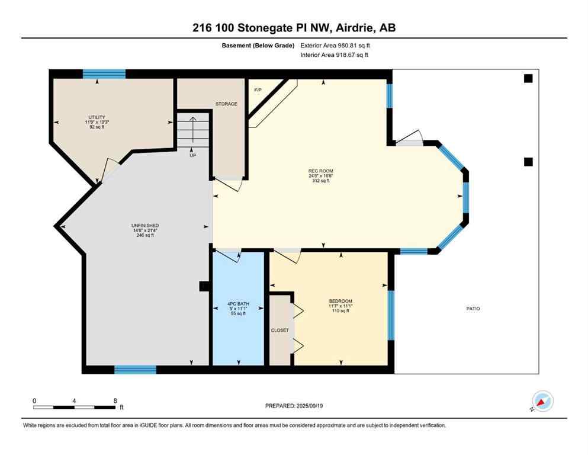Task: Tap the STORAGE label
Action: [226, 104]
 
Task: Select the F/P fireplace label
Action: [258, 90]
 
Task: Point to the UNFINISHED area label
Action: [144, 226]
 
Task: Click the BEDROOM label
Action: [340, 301]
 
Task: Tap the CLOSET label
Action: [279, 330]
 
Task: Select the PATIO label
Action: [473, 309]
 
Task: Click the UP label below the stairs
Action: [192, 155]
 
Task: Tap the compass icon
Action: [542, 402]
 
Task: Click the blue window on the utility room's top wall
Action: [104, 74]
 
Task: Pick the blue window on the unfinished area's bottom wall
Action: [135, 370]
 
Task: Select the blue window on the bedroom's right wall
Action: [390, 315]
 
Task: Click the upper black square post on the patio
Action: [528, 78]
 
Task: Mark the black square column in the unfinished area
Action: [204, 287]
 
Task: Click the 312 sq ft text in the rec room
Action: [319, 181]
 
